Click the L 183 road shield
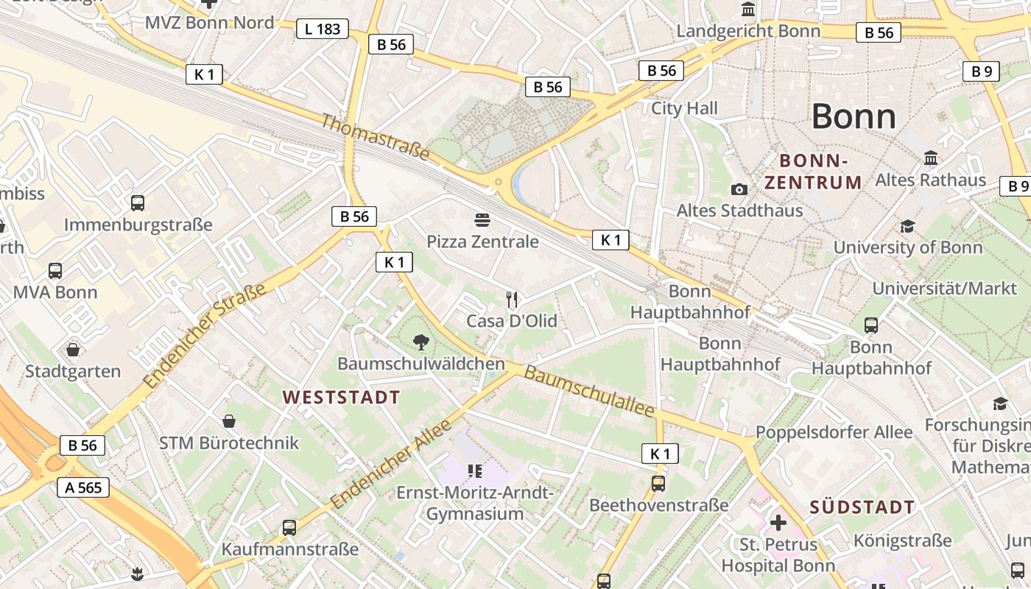[322, 29]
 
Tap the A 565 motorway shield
[83, 487]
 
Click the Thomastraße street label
[375, 136]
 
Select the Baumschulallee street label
[588, 391]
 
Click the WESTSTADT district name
[341, 398]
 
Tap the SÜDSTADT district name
[862, 507]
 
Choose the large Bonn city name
[854, 116]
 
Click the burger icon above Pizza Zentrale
[482, 219]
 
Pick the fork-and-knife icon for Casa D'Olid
[513, 299]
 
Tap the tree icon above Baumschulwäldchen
[421, 342]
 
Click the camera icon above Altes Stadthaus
[739, 189]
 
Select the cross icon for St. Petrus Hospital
[778, 523]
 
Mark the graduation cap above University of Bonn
[907, 226]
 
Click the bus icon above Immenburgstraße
[137, 203]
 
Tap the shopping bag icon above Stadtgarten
[72, 349]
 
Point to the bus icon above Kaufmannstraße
[289, 528]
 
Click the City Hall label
[684, 109]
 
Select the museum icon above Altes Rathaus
[930, 158]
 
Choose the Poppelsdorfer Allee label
[834, 432]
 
